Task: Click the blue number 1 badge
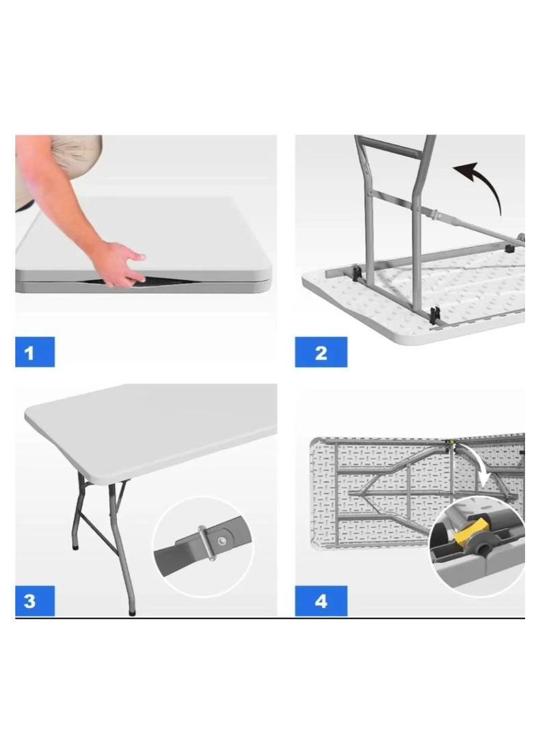click(35, 352)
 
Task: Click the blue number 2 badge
click(321, 352)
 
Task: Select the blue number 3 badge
click(35, 600)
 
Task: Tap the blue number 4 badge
click(321, 600)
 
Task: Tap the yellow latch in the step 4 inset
click(471, 531)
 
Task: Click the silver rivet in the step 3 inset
click(222, 540)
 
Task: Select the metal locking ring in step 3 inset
click(206, 542)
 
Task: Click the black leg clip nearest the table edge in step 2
click(434, 316)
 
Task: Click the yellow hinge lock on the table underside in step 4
click(450, 442)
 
